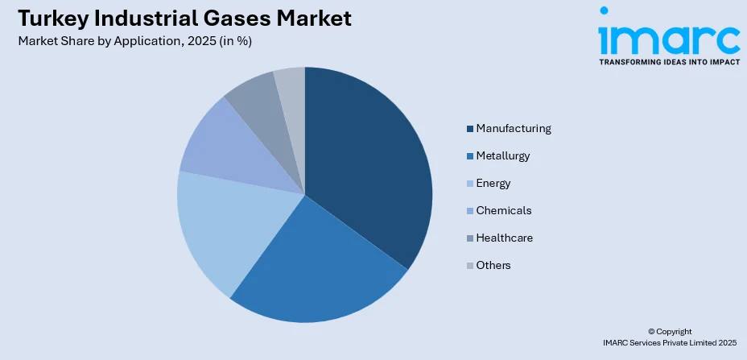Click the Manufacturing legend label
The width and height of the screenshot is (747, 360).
(514, 128)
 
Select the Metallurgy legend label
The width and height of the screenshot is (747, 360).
(503, 155)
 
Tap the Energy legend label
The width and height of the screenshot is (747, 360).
(493, 183)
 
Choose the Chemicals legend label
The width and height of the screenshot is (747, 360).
(504, 210)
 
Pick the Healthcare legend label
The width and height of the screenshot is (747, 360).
(505, 238)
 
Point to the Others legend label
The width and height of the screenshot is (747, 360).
(493, 265)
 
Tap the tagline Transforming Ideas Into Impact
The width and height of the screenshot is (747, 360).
(669, 61)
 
